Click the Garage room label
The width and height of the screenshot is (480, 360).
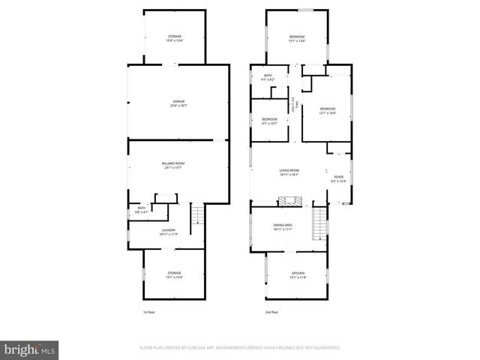coord(178,103)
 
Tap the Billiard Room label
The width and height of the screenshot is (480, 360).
coord(173,165)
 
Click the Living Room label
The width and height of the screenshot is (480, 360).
coord(289,172)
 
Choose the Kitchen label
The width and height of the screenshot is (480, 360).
coord(297,276)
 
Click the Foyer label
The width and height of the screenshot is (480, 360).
coord(338,178)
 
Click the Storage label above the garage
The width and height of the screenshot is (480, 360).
coord(174,38)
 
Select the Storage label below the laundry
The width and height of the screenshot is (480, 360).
coord(174,274)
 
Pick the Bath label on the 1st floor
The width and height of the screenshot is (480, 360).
coord(141,210)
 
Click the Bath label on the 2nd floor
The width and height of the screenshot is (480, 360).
coord(268,76)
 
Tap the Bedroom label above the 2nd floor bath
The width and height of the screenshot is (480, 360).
coord(297,38)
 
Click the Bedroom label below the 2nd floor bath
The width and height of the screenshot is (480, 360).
coord(269,121)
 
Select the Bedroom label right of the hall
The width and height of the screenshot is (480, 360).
coord(327,110)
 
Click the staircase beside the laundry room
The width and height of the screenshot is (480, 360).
coord(198,217)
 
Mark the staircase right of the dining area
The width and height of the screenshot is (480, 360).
coord(320,222)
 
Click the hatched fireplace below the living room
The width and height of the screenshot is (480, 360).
coord(289,201)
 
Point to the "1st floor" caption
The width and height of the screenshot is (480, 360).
coord(149,312)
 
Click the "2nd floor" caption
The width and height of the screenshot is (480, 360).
coord(271,312)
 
